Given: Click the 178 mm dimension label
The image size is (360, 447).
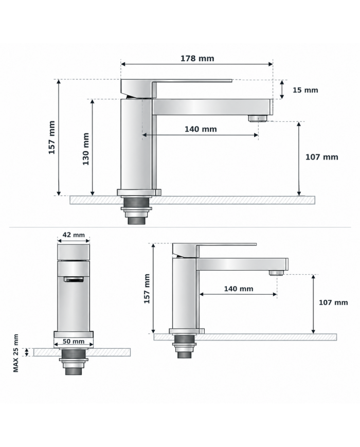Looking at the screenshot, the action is (197, 59).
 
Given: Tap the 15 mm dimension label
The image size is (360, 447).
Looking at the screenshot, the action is (305, 90).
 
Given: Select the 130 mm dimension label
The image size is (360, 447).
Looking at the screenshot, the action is (86, 149).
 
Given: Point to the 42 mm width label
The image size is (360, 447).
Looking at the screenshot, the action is (74, 235).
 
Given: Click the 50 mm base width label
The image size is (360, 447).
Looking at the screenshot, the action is (74, 342).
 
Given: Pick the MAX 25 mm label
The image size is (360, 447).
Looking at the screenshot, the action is (15, 353).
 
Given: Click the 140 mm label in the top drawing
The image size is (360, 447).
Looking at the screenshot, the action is (201, 129).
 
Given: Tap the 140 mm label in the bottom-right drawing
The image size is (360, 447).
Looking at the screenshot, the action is (239, 289).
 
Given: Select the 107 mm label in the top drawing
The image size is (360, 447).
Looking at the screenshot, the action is (322, 157).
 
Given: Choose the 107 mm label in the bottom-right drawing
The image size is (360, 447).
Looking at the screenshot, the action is (333, 302).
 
